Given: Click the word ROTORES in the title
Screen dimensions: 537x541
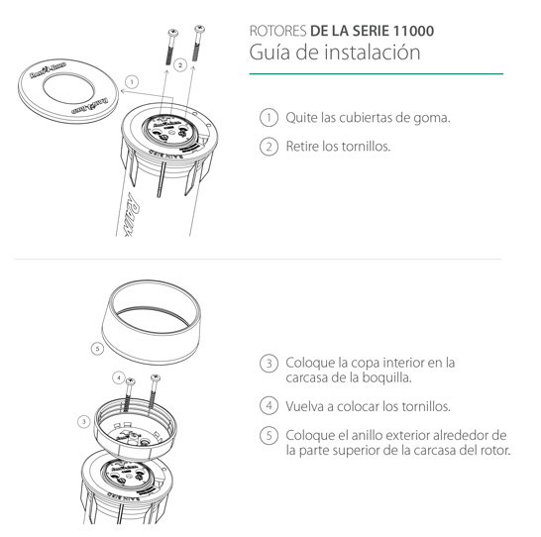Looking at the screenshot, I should pyautogui.click(x=278, y=31).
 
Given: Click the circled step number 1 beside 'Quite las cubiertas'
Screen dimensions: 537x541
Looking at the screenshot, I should pyautogui.click(x=268, y=117).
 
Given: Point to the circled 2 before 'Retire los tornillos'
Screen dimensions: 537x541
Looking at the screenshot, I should pyautogui.click(x=268, y=147).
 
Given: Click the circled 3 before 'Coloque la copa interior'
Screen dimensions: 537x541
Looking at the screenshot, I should pyautogui.click(x=268, y=364).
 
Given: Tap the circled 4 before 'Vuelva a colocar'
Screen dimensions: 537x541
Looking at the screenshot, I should pyautogui.click(x=268, y=405).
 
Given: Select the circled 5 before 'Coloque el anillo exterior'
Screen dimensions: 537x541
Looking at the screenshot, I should pyautogui.click(x=268, y=436).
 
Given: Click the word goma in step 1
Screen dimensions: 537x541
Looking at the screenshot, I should pyautogui.click(x=432, y=118).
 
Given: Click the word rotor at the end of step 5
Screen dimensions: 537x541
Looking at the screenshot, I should pyautogui.click(x=493, y=450).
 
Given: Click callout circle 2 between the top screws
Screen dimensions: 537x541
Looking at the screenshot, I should pyautogui.click(x=180, y=64).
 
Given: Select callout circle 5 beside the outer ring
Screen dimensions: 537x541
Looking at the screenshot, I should pyautogui.click(x=96, y=349).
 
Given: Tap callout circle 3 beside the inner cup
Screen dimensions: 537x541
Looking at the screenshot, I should pyautogui.click(x=83, y=421).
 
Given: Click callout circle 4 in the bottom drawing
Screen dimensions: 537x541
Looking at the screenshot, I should pyautogui.click(x=119, y=377).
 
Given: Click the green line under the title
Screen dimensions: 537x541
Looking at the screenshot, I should pyautogui.click(x=376, y=74).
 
